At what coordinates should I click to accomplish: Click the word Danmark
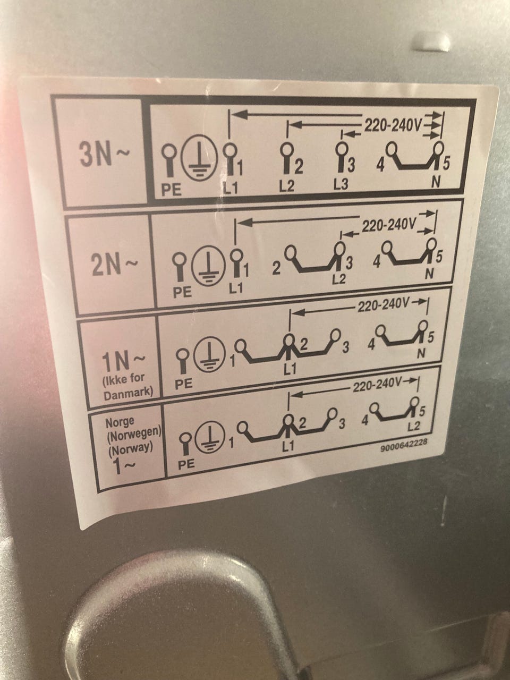click(128, 394)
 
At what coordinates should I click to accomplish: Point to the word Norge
click(120, 422)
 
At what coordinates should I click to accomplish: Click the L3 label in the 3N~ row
click(341, 185)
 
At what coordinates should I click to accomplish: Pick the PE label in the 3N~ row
click(171, 190)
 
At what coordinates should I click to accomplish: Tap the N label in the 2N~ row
click(429, 274)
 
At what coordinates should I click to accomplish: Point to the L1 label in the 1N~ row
click(289, 369)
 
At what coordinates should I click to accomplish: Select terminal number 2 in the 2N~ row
click(276, 269)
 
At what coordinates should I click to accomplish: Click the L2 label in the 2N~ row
click(339, 279)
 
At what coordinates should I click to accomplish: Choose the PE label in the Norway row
click(186, 463)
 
